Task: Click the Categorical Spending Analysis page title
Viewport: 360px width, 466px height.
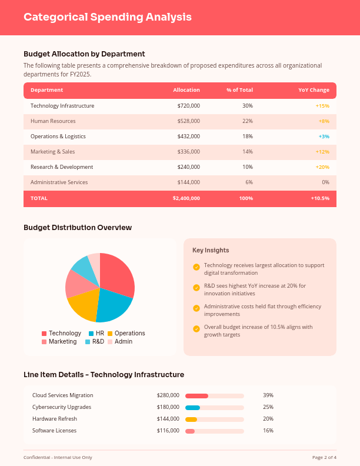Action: coord(108,17)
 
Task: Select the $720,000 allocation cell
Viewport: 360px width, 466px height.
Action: coord(188,106)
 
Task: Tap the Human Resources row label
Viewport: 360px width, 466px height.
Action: coord(53,121)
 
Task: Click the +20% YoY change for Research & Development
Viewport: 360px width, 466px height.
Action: coord(322,167)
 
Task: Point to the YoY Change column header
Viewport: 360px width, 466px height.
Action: coord(314,90)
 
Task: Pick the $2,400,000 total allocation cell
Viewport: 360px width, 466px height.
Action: coord(186,198)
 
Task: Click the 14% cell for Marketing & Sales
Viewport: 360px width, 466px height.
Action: coord(248,152)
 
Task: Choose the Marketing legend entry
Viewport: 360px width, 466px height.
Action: coord(62,341)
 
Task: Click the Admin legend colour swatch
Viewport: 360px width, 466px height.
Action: coord(110,342)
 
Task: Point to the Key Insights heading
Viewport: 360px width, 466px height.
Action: coord(211,250)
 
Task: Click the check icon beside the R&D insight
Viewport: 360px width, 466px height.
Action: coord(196,288)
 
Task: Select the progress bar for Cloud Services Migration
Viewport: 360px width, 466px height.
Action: coord(214,395)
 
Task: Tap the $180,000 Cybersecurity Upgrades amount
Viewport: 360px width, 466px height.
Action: coord(168,407)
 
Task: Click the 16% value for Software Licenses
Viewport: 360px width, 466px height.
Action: coord(268,431)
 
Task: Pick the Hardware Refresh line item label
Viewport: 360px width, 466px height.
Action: coord(54,419)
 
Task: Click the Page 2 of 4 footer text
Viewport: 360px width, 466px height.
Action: coord(324,457)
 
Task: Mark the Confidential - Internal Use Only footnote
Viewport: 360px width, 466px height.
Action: coord(58,457)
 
